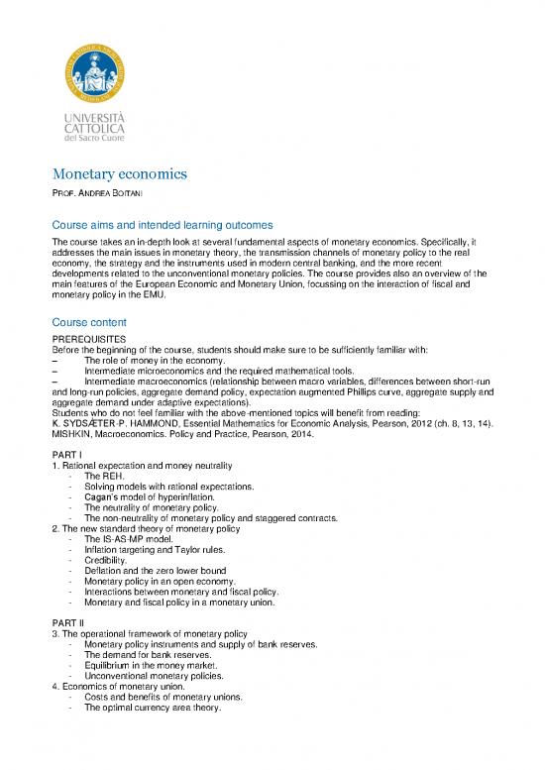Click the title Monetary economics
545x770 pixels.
[120, 175]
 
